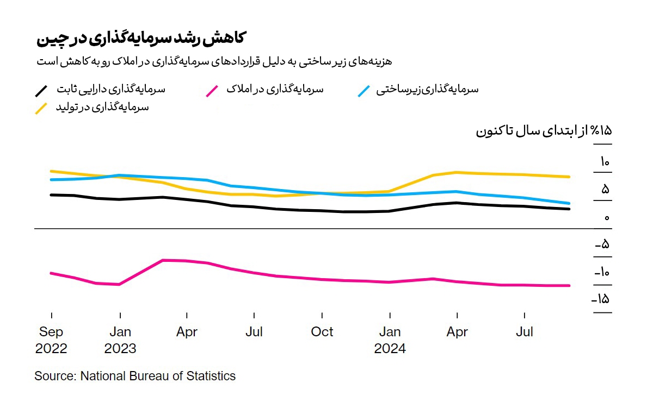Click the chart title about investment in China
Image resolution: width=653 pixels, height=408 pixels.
click(x=141, y=39)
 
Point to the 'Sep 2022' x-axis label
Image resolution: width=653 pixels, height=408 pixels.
click(x=51, y=340)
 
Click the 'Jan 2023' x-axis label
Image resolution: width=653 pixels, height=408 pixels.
click(x=120, y=340)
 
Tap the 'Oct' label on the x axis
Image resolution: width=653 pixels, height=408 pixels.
click(x=322, y=332)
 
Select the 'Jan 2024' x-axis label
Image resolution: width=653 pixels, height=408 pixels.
click(x=390, y=340)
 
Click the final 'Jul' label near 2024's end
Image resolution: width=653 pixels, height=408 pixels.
click(x=524, y=332)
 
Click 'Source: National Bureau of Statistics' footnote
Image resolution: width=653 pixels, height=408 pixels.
click(x=135, y=376)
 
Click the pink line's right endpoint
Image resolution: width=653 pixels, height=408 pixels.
click(x=569, y=285)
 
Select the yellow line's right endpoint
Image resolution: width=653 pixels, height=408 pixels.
click(x=569, y=177)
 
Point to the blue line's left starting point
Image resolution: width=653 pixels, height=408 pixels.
click(x=51, y=179)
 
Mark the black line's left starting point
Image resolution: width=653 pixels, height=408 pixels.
click(x=51, y=194)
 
